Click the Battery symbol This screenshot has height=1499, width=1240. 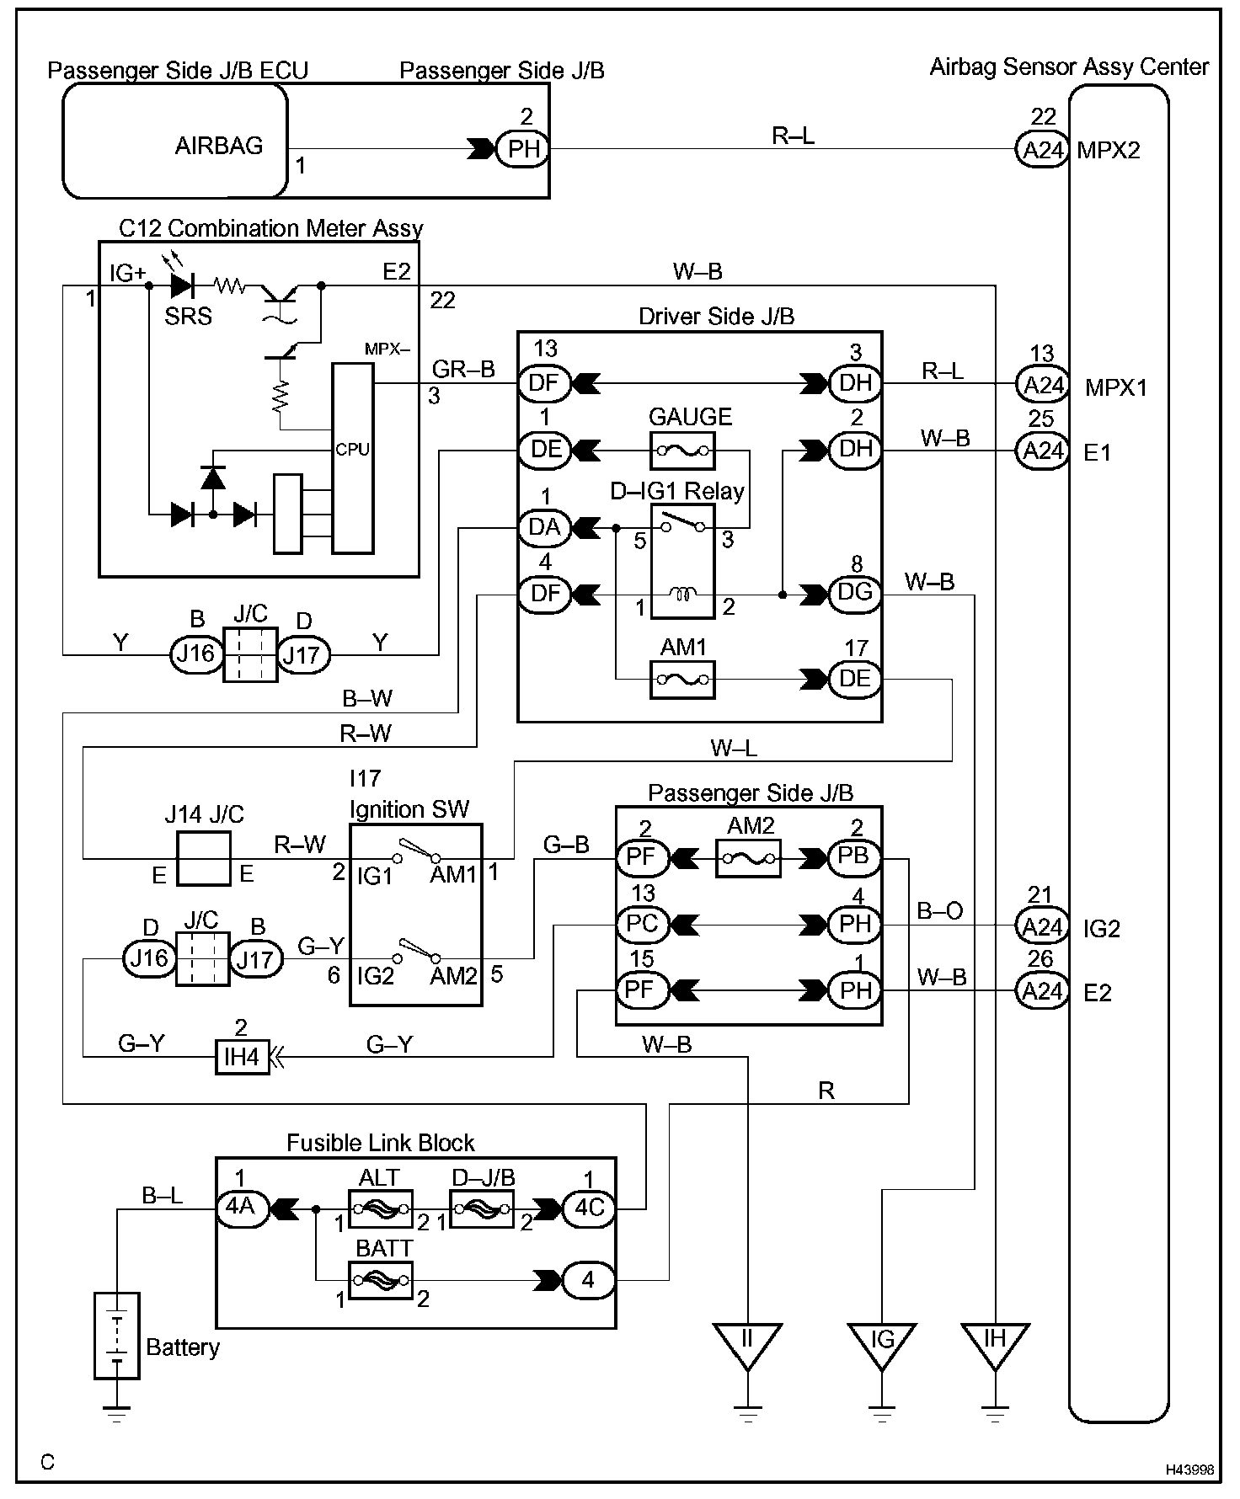point(116,1336)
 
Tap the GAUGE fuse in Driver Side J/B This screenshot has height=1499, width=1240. point(682,451)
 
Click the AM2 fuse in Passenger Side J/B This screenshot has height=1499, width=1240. point(747,858)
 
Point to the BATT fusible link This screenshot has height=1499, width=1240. point(380,1280)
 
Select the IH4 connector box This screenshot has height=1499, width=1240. point(242,1056)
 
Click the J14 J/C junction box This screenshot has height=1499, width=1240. point(203,858)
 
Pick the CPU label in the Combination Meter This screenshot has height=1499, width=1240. point(352,450)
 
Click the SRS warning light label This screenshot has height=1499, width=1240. point(188,317)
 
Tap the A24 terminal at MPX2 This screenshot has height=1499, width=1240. point(1043,151)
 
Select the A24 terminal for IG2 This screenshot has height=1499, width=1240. point(1043,926)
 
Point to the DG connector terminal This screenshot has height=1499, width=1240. point(855,593)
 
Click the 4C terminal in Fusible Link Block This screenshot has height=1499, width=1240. point(589,1208)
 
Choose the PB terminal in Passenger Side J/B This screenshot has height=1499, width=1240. point(853,858)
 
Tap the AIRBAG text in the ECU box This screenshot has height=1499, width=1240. point(219,146)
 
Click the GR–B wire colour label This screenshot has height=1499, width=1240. point(463,369)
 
